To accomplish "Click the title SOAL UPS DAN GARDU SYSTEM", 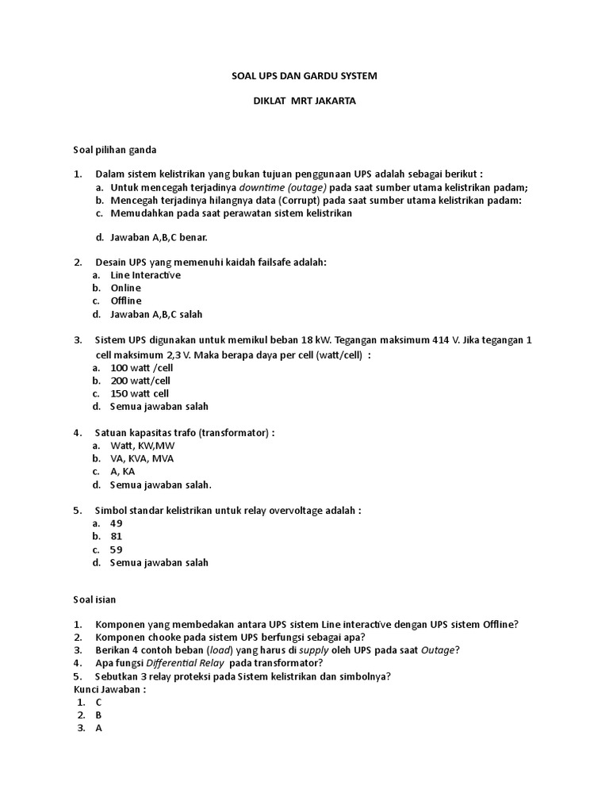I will pos(304,75).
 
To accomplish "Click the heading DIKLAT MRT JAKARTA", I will pos(304,101).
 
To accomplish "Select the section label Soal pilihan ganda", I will pos(115,149).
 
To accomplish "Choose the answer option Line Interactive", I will pos(145,275).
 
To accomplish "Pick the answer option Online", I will pos(125,288).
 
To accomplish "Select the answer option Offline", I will pos(126,301).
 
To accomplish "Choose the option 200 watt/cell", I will pos(140,381).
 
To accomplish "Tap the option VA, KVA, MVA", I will pos(142,458).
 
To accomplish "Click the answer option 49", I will pos(117,523).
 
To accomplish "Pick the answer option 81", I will pos(117,536).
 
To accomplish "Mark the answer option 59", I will pos(117,550).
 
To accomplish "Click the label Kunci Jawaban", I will pos(109,689).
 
